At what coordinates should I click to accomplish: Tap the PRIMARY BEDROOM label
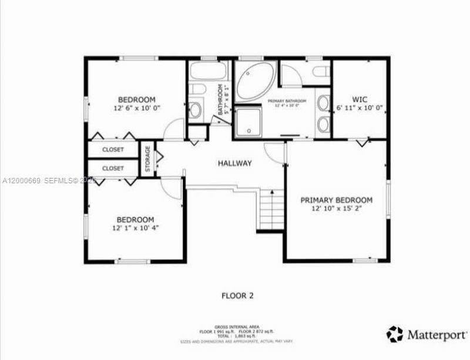click(336, 200)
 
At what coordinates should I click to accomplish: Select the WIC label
click(360, 99)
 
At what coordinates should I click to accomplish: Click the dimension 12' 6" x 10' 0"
click(136, 109)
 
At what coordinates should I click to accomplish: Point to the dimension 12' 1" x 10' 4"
click(136, 228)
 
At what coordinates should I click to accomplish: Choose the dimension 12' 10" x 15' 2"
click(336, 208)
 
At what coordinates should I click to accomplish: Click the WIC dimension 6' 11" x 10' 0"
click(360, 108)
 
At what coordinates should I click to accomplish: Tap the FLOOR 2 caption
click(237, 295)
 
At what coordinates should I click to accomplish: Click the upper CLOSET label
click(113, 150)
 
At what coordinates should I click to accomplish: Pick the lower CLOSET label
click(113, 169)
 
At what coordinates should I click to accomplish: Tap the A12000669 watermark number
click(21, 180)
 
